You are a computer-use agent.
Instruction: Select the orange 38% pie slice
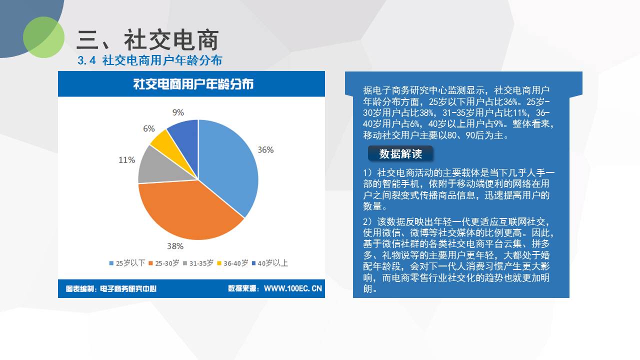[188, 211]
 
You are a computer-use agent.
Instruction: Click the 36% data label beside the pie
[265, 149]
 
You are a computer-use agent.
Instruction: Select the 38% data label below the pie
[175, 246]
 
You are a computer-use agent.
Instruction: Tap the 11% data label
[127, 159]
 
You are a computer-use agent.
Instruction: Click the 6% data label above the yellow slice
[149, 128]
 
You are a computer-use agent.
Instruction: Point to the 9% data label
[178, 112]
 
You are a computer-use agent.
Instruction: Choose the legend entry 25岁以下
[127, 263]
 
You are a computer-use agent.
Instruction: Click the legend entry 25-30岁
[164, 263]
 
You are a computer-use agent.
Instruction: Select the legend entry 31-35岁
[198, 263]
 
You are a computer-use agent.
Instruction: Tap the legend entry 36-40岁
[233, 263]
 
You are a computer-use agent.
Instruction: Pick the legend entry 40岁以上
[269, 263]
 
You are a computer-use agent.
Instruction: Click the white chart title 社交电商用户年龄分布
[193, 84]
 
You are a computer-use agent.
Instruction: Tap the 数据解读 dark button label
[400, 154]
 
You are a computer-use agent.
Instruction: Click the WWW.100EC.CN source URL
[293, 288]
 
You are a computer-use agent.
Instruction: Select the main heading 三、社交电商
[147, 40]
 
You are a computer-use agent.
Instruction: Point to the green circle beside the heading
[43, 37]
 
